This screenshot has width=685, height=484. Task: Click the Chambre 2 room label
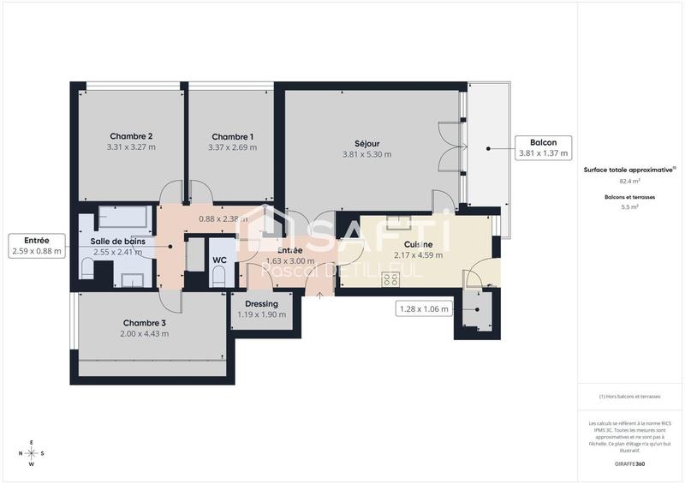[x=131, y=136]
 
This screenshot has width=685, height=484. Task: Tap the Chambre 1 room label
[x=232, y=136]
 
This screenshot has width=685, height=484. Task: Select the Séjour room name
[x=366, y=143]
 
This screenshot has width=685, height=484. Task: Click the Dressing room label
[x=261, y=303]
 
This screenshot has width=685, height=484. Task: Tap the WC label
[x=219, y=260]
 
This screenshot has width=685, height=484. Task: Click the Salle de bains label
[x=117, y=242]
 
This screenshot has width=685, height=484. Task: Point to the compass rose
[x=32, y=453]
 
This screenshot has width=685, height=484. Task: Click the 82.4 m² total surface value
[x=629, y=182]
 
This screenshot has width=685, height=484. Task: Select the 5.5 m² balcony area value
[x=629, y=206]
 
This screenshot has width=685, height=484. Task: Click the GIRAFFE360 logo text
[x=629, y=463]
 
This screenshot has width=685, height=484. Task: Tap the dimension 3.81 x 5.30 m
[x=366, y=154]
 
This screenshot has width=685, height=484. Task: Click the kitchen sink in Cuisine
[x=399, y=223]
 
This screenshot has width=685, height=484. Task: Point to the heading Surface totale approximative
[x=629, y=170]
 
